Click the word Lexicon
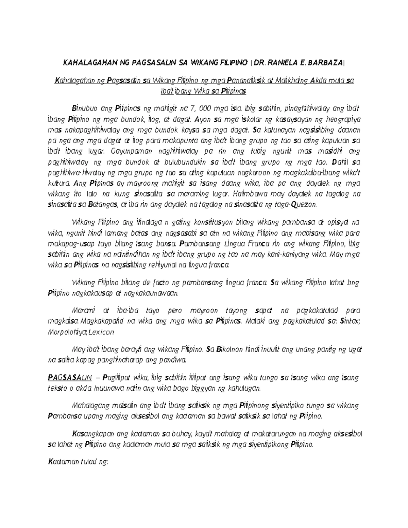tap(101, 332)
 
